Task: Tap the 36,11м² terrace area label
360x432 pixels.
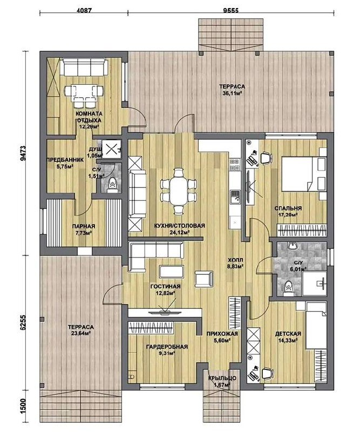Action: [x=232, y=93]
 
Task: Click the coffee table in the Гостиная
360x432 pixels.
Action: [x=172, y=272]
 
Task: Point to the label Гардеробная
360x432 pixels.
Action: [x=167, y=347]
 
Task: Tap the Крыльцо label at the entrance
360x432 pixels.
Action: [x=222, y=378]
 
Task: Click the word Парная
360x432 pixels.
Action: [x=84, y=226]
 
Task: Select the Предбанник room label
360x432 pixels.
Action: [x=65, y=160]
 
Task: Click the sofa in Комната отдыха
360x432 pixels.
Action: [x=84, y=66]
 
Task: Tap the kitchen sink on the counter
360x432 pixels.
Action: [x=235, y=197]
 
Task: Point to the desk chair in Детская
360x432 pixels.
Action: [x=267, y=374]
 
